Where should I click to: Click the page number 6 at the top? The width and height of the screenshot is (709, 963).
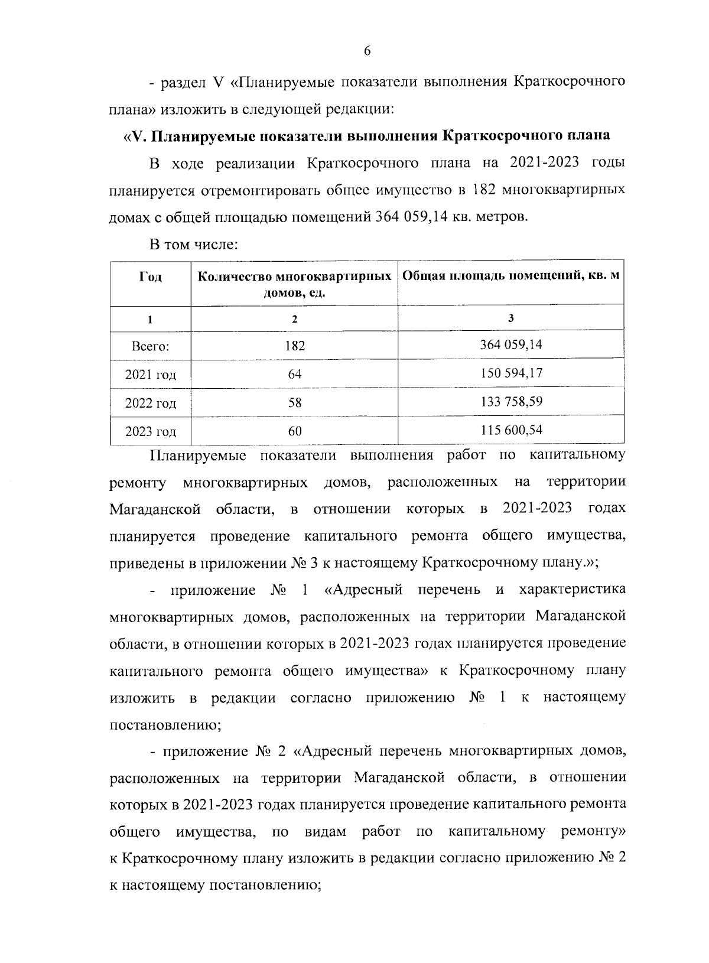pyautogui.click(x=366, y=51)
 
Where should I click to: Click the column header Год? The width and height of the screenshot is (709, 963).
pyautogui.click(x=151, y=276)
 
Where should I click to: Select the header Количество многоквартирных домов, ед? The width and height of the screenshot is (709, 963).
pyautogui.click(x=294, y=284)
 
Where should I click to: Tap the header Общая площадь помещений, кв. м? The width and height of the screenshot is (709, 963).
pyautogui.click(x=511, y=276)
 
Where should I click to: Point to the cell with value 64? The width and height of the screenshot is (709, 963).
pyautogui.click(x=294, y=375)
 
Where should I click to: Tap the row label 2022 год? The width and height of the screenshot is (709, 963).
pyautogui.click(x=151, y=404)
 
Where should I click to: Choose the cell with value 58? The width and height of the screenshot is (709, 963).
pyautogui.click(x=294, y=403)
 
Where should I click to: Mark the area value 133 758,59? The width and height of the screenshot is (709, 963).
pyautogui.click(x=511, y=402)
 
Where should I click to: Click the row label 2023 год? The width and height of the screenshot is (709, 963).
pyautogui.click(x=151, y=432)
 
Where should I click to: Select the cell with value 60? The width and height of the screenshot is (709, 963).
pyautogui.click(x=294, y=431)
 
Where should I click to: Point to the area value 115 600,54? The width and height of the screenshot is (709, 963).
pyautogui.click(x=511, y=430)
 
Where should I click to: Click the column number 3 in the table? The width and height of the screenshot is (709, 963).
pyautogui.click(x=510, y=318)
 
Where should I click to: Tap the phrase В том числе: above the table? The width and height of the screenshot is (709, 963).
pyautogui.click(x=193, y=243)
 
